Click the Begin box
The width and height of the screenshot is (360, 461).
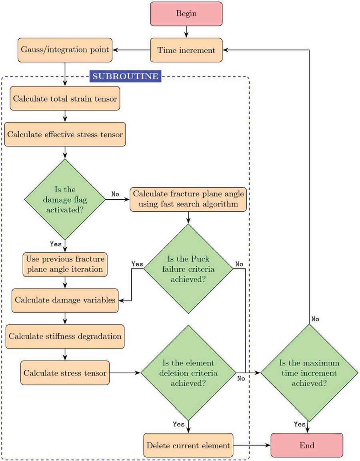click(186, 14)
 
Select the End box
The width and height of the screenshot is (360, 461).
click(307, 445)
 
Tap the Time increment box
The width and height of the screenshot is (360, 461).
click(186, 50)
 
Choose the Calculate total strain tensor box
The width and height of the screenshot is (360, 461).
click(65, 98)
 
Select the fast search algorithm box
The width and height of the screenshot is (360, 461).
click(189, 199)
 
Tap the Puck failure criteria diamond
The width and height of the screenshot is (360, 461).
click(188, 269)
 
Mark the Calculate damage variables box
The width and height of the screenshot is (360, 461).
click(65, 300)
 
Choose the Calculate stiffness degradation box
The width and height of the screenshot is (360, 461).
click(65, 336)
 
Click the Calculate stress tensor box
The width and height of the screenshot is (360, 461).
click(65, 373)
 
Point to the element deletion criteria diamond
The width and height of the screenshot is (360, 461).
click(188, 373)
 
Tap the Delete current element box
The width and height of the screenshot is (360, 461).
click(188, 445)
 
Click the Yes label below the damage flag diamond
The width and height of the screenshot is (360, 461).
click(56, 244)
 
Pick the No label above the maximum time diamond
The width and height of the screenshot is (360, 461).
click(316, 319)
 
